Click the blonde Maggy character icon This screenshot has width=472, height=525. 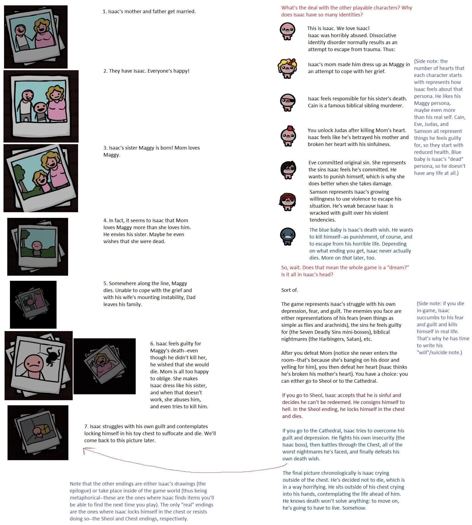click(287, 68)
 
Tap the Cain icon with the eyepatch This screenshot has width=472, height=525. click(287, 102)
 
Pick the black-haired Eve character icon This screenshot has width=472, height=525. click(288, 169)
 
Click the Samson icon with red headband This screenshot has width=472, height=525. click(287, 202)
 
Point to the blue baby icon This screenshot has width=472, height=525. click(288, 236)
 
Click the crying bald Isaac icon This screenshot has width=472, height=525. click(287, 31)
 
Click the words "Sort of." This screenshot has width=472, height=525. click(289, 290)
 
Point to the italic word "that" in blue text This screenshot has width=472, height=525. click(347, 258)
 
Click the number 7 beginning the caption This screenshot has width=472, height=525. click(86, 426)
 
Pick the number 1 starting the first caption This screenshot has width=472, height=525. click(104, 12)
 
